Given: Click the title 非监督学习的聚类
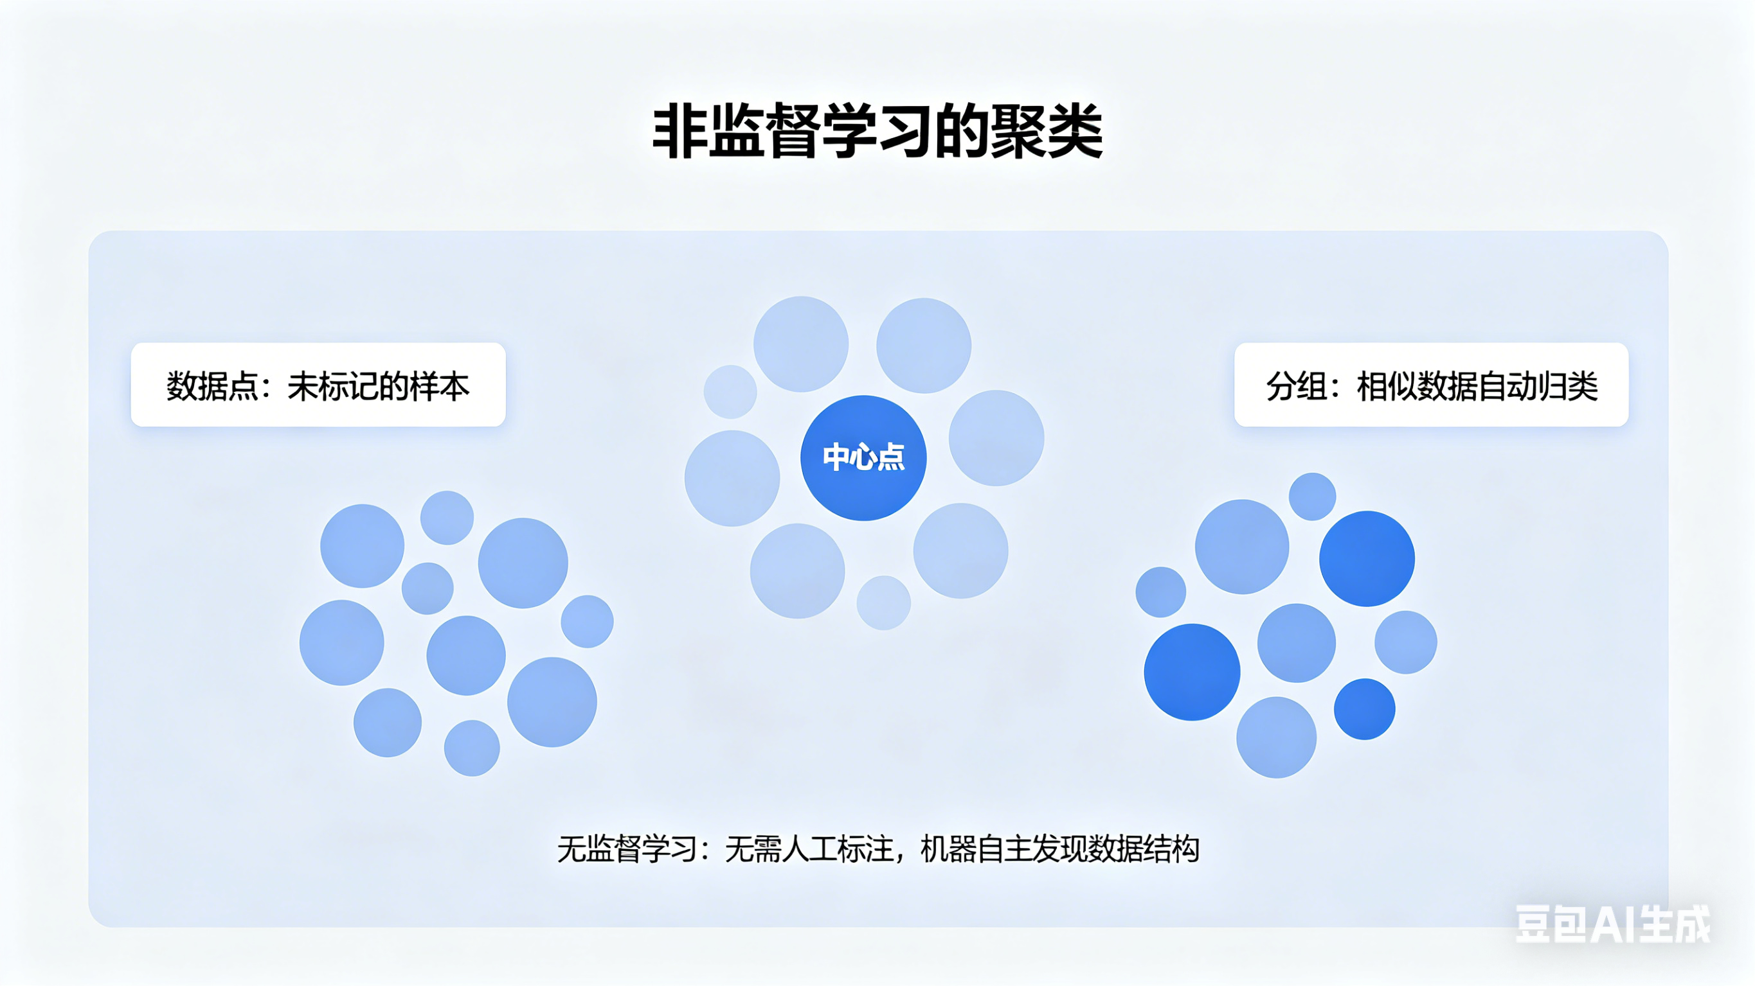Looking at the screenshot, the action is [878, 132].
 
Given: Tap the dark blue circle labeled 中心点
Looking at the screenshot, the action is [863, 457].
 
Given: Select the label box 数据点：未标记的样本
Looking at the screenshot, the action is [318, 385].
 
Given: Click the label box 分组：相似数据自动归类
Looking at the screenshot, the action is [1431, 385].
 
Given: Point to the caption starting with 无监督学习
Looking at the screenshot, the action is [878, 849].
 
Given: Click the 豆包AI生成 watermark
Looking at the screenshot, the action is [1612, 924].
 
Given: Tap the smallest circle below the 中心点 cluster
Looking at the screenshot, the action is [884, 603].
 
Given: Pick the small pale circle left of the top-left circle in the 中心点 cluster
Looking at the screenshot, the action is [730, 392].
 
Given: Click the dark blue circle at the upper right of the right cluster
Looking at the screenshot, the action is [1367, 558].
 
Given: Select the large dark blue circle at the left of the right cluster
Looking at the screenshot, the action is [1192, 671].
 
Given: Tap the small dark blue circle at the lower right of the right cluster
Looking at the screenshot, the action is [1364, 709].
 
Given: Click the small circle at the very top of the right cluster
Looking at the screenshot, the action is [1312, 497].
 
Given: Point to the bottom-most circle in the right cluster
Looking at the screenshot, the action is [1276, 737].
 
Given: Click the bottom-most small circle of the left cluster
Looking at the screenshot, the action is [471, 748].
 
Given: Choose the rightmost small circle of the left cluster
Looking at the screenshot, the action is [586, 621].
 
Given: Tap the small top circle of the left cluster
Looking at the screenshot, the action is [447, 518].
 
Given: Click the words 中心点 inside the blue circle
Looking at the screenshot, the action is [863, 457].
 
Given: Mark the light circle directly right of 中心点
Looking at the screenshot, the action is [996, 438].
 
